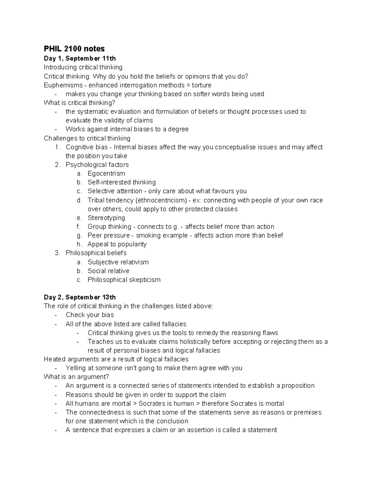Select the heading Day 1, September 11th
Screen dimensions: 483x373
[x=80, y=58]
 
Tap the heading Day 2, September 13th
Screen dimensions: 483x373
[x=80, y=297]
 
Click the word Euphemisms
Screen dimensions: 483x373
[x=63, y=85]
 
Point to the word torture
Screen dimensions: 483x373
[x=201, y=85]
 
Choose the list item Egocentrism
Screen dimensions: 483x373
[x=106, y=174]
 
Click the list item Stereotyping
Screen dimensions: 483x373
[x=106, y=218]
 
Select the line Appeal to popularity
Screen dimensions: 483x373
[x=117, y=244]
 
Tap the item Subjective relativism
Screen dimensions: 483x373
[x=118, y=262]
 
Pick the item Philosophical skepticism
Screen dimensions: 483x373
[x=124, y=280]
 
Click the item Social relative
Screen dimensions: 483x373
[x=108, y=271]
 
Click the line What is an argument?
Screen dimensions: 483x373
[x=76, y=377]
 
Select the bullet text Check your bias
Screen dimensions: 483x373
[x=90, y=315]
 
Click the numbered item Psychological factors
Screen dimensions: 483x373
[x=97, y=165]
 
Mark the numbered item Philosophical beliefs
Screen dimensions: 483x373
[x=96, y=253]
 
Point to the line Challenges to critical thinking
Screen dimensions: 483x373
[x=87, y=138]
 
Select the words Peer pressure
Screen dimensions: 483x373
[x=109, y=235]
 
